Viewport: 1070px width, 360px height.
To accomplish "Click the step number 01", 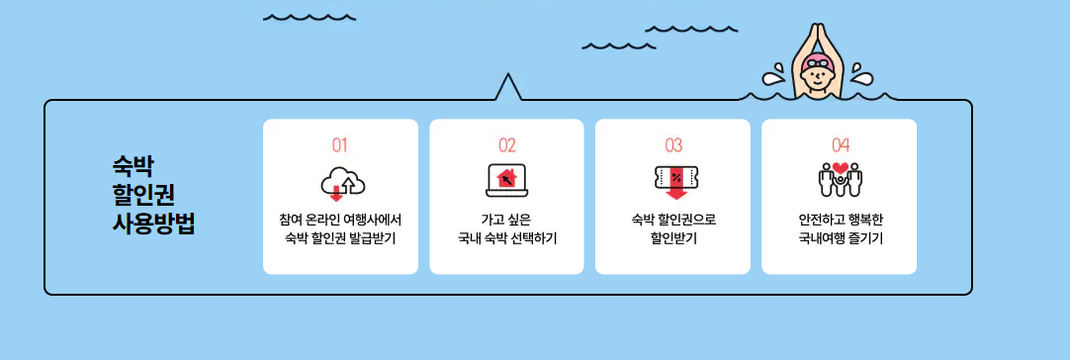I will pos(340,145).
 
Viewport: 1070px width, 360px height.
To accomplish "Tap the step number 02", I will pos(507,145).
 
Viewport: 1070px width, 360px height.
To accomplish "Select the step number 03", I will pos(673,145).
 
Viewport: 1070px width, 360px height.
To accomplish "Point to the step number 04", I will pos(841,145).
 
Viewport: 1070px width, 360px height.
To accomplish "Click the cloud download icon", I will pos(343,182).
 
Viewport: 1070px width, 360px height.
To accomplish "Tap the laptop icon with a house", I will pos(507,181).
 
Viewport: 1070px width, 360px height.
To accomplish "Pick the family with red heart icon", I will pos(841,180).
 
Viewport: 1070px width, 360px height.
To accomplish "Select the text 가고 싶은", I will pos(507,219).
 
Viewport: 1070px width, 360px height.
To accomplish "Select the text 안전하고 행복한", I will pos(841,219).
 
